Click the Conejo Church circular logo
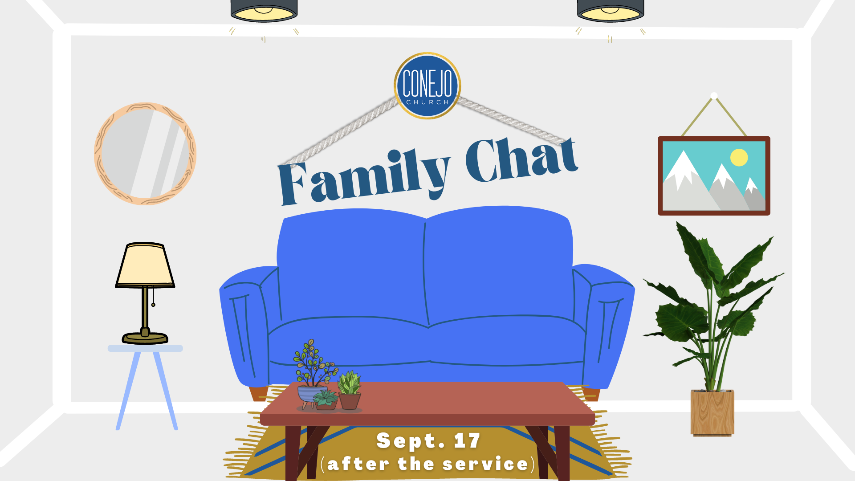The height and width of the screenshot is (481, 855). tap(427, 86)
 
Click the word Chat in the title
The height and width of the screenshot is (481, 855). tap(521, 160)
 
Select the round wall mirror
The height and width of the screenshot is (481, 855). tap(145, 154)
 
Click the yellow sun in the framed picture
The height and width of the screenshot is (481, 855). tap(739, 157)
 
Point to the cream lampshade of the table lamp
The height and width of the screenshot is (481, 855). tap(145, 265)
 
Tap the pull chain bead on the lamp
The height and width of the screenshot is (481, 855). tap(153, 305)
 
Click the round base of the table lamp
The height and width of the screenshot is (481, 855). tap(145, 338)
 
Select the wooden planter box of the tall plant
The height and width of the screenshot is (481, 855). tap(712, 412)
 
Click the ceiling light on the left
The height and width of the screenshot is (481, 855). tap(264, 11)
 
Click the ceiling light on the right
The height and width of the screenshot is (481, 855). tap(611, 11)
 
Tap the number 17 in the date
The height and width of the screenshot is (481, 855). tap(467, 440)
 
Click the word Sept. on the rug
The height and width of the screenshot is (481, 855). tap(411, 441)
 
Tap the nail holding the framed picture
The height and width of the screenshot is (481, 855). tap(714, 95)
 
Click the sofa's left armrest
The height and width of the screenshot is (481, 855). tap(244, 325)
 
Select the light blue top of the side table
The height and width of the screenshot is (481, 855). tap(145, 348)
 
